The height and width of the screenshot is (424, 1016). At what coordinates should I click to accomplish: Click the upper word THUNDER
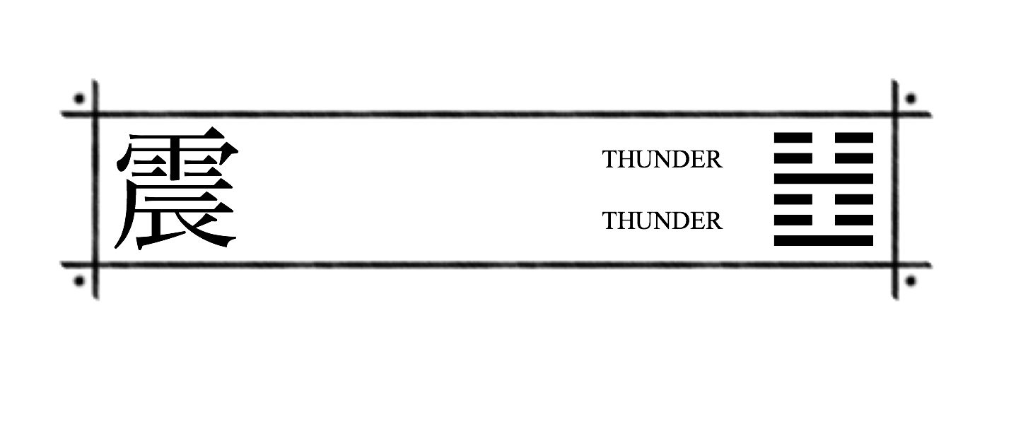tap(662, 160)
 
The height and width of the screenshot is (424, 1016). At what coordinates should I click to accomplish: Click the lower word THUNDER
tap(662, 221)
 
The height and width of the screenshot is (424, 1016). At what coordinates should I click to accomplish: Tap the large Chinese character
tap(177, 188)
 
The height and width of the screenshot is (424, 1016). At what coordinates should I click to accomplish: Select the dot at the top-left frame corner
tap(79, 98)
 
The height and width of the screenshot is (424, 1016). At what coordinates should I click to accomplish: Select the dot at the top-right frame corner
tap(911, 98)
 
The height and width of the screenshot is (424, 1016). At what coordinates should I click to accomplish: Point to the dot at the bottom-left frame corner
tap(79, 281)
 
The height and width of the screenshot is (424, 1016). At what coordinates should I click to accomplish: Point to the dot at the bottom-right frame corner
tap(911, 281)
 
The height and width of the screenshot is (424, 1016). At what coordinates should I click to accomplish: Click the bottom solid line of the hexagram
tap(824, 241)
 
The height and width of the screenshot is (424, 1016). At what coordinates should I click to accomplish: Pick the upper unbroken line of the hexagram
tap(824, 179)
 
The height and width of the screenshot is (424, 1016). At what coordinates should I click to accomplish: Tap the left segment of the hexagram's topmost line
tap(793, 138)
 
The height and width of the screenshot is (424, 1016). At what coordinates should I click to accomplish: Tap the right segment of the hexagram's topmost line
tap(854, 138)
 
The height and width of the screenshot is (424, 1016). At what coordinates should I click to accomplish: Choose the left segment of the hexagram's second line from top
tap(793, 158)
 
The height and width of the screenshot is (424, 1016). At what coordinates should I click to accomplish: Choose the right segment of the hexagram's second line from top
tap(854, 158)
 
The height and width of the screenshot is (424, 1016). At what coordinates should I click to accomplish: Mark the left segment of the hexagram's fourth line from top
tap(793, 199)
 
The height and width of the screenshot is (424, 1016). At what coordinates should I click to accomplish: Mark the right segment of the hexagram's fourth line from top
tap(854, 199)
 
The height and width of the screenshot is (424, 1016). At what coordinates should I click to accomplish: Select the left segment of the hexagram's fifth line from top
tap(793, 220)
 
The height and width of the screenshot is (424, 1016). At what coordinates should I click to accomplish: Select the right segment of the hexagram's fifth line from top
tap(854, 220)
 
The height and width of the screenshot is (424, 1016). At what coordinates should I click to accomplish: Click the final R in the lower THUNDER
tap(713, 221)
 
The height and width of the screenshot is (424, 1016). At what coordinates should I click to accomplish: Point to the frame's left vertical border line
tap(95, 189)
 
